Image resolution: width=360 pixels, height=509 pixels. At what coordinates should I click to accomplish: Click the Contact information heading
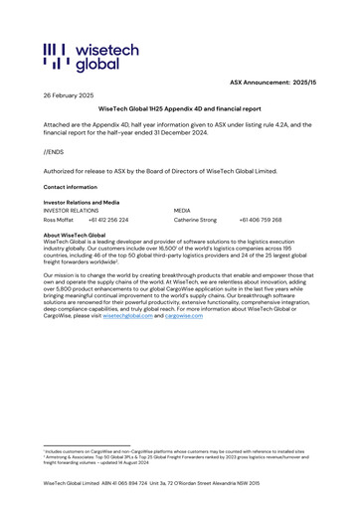point(71,186)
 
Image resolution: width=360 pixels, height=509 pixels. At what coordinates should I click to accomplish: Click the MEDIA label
point(182,211)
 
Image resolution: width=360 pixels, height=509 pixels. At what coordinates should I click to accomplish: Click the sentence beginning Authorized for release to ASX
point(174,170)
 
